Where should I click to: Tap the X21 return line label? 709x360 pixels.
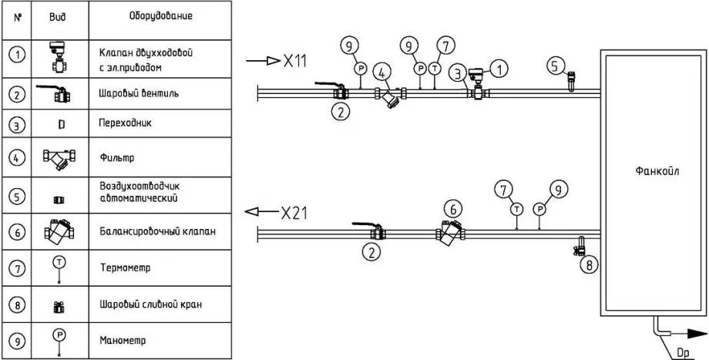(x=294, y=213)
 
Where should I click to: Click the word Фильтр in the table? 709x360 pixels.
(x=116, y=159)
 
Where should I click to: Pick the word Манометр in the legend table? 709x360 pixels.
(x=122, y=339)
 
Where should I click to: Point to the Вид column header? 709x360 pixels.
(x=58, y=15)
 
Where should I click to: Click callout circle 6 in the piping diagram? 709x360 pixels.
(x=454, y=207)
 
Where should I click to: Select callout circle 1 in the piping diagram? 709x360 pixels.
(x=500, y=70)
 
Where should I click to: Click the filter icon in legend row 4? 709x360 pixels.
(x=59, y=159)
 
